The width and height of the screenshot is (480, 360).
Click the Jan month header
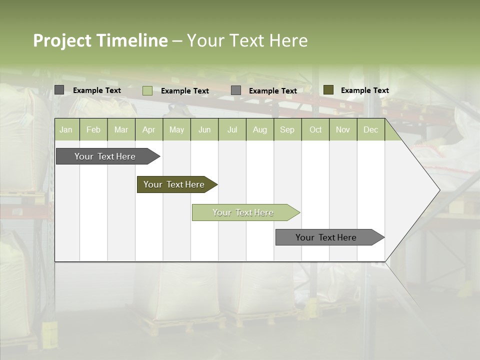[66, 129]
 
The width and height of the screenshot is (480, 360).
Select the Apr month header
[149, 129]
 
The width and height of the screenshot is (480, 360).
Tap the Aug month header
[259, 129]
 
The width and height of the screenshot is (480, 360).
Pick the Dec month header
[370, 129]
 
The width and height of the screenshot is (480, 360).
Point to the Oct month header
[315, 129]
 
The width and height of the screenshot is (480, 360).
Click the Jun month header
[204, 129]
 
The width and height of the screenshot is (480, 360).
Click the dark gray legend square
[59, 90]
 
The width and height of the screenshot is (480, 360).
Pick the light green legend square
[147, 90]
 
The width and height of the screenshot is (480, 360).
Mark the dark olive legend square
[328, 90]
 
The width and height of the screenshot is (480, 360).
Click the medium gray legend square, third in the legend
[236, 90]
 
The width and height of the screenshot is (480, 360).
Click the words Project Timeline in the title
[100, 40]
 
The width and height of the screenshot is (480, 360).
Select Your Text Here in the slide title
[247, 40]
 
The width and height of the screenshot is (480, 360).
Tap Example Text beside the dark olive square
[364, 90]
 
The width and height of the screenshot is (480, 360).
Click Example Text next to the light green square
[184, 91]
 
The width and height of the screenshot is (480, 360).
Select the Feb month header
[93, 129]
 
